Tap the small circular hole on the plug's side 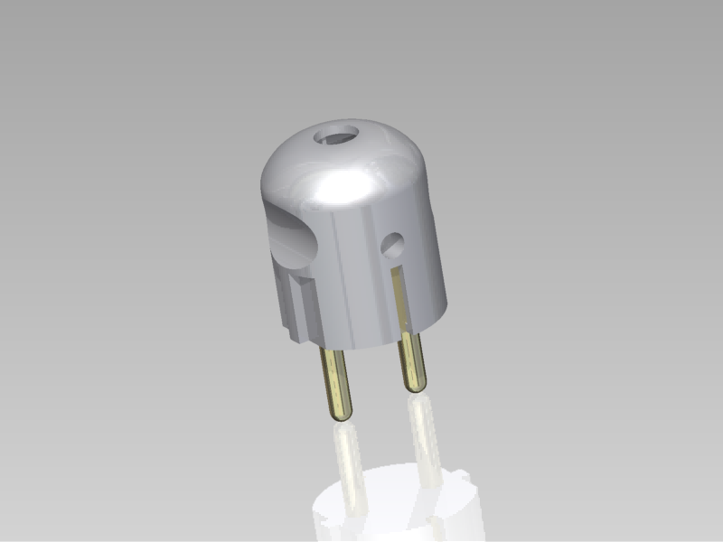click(x=393, y=244)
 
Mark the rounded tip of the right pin click(x=416, y=387)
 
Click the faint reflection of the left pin click(x=349, y=461)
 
